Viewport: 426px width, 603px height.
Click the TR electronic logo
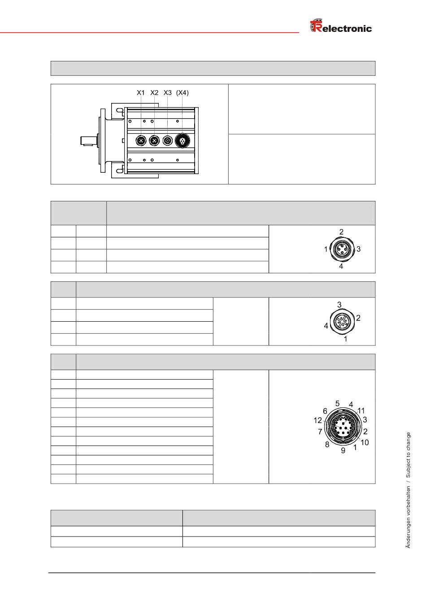pos(341,27)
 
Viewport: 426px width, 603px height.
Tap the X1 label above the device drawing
pos(141,93)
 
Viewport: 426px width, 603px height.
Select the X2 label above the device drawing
pos(154,93)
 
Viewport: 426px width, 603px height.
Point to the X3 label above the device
pos(168,93)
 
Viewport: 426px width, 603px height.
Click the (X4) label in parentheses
pos(183,93)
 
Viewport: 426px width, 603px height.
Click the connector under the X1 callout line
pos(141,141)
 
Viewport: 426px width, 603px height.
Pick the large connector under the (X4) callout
pos(182,141)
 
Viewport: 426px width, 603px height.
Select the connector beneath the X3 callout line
pos(168,141)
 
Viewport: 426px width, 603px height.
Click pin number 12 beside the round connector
pos(318,420)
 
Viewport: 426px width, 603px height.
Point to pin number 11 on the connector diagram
pos(361,411)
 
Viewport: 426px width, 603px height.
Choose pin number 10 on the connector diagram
pos(365,442)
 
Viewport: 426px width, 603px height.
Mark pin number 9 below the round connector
pos(343,450)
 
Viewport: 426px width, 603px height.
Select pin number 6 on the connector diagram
pos(325,411)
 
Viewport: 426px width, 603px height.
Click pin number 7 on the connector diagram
pos(320,432)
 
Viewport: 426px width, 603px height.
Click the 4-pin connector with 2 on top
pos(342,249)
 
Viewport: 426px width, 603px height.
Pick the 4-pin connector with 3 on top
pos(342,321)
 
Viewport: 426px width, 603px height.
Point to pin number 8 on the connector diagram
pos(327,445)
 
